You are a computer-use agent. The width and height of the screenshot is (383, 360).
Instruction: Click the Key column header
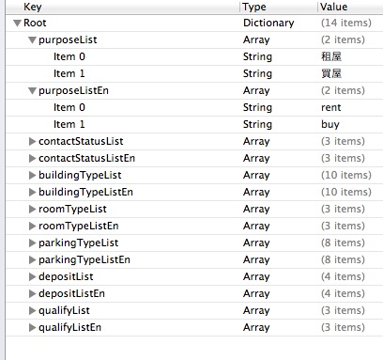pos(34,7)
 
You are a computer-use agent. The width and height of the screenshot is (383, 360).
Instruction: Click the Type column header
pos(254,7)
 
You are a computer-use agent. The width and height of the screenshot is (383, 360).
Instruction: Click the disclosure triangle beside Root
pos(18,22)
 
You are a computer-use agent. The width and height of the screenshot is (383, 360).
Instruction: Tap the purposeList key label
pos(68,39)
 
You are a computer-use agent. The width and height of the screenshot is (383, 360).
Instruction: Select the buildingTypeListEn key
pos(85,192)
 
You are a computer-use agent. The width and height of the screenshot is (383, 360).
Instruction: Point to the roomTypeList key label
pos(72,209)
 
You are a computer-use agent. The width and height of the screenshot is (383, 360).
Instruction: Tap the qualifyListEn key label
pos(69,327)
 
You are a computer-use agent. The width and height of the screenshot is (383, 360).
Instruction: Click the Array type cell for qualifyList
pos(256,310)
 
